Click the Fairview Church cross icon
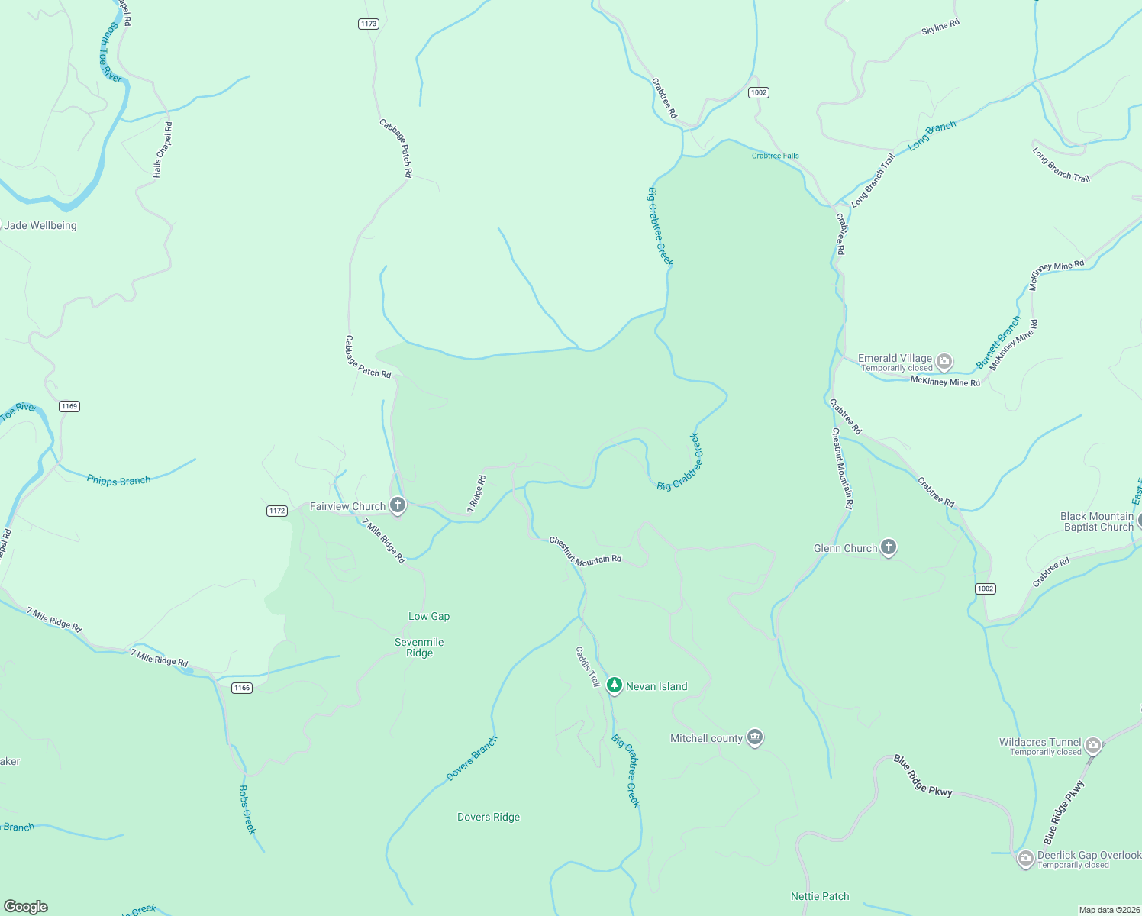tap(397, 505)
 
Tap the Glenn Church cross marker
tap(888, 547)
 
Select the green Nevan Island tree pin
tap(615, 685)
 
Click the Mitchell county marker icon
tap(755, 737)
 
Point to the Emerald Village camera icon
tap(944, 361)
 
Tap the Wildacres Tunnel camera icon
tap(1093, 745)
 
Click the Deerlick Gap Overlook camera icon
tap(1026, 859)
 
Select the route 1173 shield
tap(369, 24)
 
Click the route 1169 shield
tap(69, 406)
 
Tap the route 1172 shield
tap(277, 511)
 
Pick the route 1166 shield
tap(242, 688)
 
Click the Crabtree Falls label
tap(775, 156)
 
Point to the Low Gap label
tap(429, 616)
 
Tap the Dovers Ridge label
tap(489, 817)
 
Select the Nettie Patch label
tap(820, 896)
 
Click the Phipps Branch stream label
tap(119, 480)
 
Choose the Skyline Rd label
tap(940, 27)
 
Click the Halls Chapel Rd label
tap(163, 150)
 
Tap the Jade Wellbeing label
tap(40, 225)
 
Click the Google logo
tap(26, 907)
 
